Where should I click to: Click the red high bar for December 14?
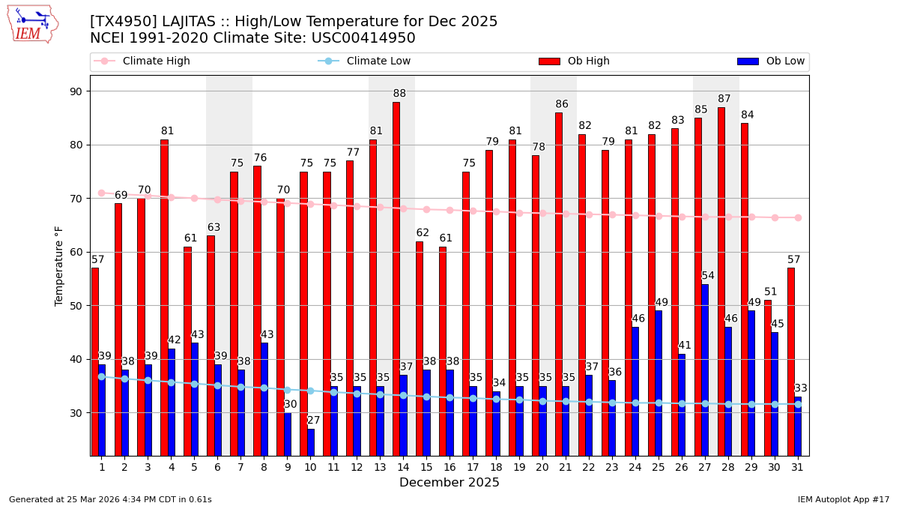[396, 277]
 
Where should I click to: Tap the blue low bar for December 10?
[311, 442]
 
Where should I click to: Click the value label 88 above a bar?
[399, 94]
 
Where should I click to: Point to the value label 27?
[314, 421]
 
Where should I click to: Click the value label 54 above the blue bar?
[708, 276]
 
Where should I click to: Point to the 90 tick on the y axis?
[76, 91]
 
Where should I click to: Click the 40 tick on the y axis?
[76, 359]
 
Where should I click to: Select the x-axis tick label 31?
[798, 467]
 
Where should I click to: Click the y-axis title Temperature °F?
[60, 266]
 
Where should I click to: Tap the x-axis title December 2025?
[449, 483]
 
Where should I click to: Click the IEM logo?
[32, 24]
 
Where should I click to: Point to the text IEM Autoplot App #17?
[844, 499]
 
